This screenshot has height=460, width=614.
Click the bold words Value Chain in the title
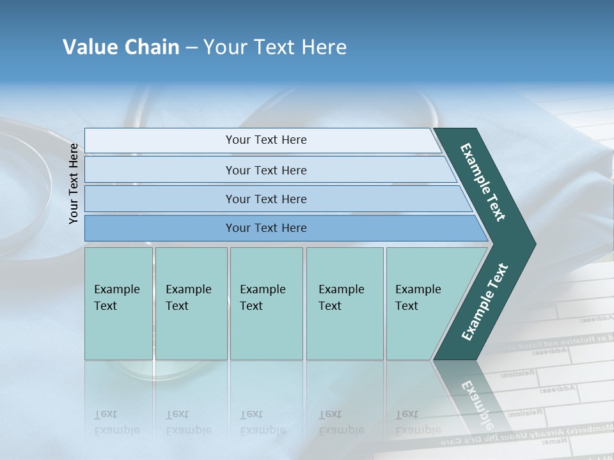point(121,47)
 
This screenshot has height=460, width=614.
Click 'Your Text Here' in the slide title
point(275,47)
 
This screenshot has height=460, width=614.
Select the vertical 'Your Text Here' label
point(74,184)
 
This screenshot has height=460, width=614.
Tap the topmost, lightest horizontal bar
point(262,141)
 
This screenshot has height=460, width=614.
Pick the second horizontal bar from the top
point(269,170)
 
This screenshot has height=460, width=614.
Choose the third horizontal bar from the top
point(275,199)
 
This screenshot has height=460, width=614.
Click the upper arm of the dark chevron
point(483,182)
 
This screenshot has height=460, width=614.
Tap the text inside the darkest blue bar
point(266,228)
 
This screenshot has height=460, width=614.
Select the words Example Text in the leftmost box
point(116,298)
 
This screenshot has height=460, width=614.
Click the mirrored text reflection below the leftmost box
point(116,422)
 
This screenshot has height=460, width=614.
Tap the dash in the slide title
point(191,48)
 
